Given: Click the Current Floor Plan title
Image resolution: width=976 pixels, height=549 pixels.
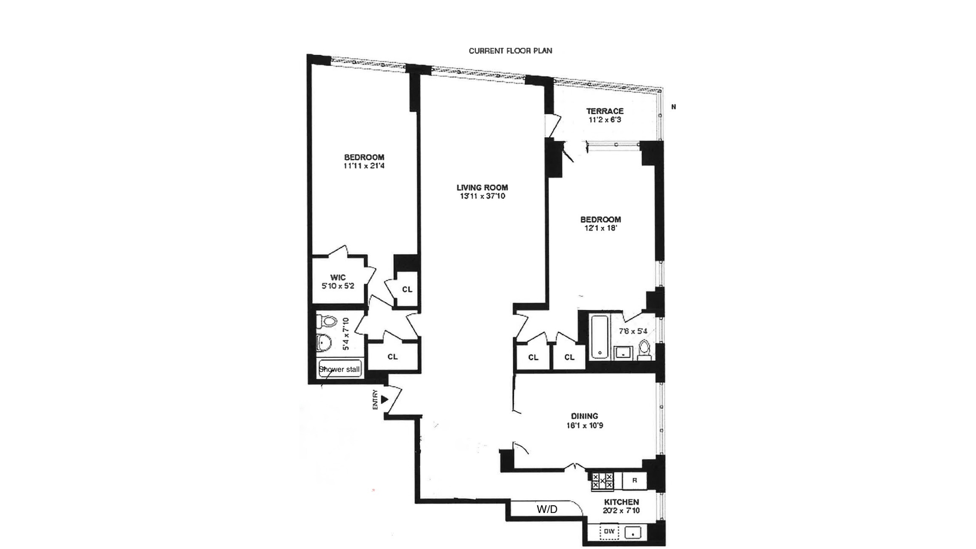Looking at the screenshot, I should [510, 51].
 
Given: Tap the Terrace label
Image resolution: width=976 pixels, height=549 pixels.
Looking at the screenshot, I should [604, 111].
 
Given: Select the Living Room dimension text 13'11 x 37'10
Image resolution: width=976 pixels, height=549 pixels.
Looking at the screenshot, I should [482, 196].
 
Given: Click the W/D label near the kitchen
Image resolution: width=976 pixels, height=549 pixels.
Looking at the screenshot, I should [547, 509].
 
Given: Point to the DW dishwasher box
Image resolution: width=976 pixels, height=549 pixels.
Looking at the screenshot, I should [609, 532].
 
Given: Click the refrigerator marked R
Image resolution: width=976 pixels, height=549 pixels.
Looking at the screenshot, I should [634, 480].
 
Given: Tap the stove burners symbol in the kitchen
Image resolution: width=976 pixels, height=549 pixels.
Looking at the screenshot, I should [602, 480].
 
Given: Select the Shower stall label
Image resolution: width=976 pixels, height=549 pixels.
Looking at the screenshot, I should [339, 369].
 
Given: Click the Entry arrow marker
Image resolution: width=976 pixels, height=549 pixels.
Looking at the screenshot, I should [385, 400].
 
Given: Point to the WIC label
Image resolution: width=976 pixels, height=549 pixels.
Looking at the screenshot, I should [338, 277].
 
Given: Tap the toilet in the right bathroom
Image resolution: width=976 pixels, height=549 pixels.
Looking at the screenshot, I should [644, 349].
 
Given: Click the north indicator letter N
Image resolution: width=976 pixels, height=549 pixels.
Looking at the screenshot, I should [674, 107].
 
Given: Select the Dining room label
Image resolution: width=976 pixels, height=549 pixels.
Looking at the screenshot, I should [584, 416].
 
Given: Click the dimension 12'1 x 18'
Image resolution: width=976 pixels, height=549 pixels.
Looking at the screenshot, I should [600, 228].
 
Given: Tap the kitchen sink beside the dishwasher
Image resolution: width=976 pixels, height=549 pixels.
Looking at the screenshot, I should [633, 532].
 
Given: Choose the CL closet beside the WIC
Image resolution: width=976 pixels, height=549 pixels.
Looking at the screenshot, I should [407, 289].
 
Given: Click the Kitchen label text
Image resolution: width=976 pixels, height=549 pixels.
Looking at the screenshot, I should [621, 502].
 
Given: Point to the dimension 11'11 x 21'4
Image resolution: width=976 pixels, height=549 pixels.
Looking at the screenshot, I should [364, 166].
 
